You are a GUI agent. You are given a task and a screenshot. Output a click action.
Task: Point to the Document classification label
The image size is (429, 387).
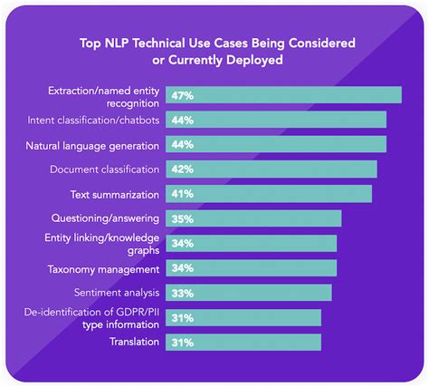pos(105,169)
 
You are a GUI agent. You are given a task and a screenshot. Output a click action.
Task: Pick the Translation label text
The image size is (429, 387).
pos(134,342)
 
